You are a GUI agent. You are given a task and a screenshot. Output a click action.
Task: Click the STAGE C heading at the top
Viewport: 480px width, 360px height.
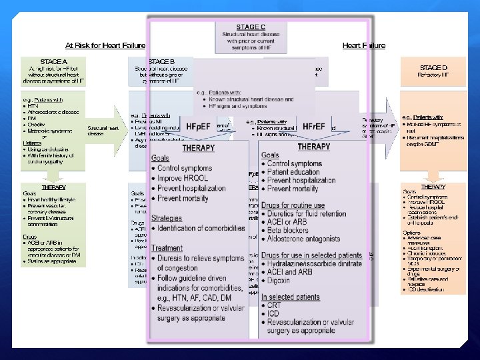click(x=251, y=27)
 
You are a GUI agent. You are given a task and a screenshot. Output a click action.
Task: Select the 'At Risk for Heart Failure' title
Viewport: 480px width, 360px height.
click(x=105, y=46)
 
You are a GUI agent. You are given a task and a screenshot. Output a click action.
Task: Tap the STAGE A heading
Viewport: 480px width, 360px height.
click(x=53, y=61)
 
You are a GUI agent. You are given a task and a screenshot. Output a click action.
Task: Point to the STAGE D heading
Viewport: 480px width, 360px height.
click(x=434, y=68)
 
